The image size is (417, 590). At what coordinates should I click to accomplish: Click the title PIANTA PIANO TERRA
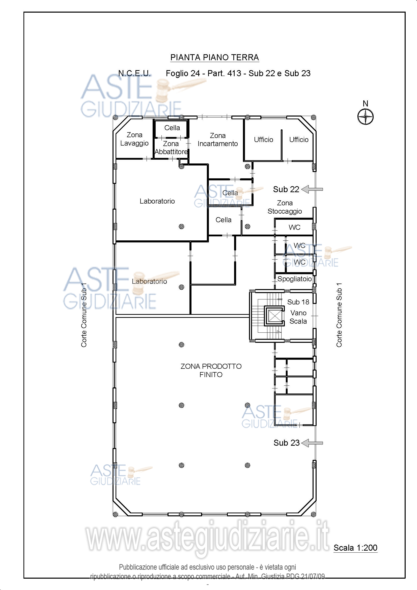214,57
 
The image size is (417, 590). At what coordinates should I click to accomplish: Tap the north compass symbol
365,117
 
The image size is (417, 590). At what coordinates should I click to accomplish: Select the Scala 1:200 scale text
355,548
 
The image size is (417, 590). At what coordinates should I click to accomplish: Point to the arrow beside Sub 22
312,189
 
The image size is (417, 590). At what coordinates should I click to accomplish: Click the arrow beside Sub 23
312,443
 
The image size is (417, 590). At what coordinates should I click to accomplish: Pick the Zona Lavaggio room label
134,139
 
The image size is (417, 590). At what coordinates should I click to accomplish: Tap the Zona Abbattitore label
171,148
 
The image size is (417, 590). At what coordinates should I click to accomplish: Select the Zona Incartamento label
218,139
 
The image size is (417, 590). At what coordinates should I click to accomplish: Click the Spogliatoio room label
294,279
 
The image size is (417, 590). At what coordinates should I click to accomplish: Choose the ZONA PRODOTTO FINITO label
211,370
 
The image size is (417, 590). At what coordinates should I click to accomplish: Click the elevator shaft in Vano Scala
275,316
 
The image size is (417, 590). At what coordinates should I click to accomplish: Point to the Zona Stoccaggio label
285,207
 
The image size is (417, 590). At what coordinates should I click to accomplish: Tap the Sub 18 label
298,302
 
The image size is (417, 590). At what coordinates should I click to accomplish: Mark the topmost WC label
294,227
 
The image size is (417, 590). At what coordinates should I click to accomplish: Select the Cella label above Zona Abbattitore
172,128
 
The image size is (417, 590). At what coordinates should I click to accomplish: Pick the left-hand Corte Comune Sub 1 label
84,315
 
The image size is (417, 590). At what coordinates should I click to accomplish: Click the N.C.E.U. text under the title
134,73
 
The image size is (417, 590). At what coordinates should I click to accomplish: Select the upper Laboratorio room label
157,201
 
